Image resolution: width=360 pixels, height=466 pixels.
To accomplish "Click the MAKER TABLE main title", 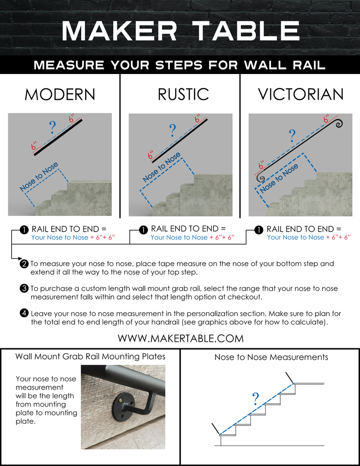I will (x=180, y=30).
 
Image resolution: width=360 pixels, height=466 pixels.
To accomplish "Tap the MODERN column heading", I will (x=60, y=94).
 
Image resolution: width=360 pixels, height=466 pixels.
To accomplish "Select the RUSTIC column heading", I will (x=183, y=94).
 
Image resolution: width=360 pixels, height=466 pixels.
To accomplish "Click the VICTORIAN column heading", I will (x=301, y=94).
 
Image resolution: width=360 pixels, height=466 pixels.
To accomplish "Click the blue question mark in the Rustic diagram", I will (x=172, y=130).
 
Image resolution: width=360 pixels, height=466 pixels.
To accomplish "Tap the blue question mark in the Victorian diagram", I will (x=292, y=135).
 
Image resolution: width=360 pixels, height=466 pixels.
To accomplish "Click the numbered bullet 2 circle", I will (x=24, y=264).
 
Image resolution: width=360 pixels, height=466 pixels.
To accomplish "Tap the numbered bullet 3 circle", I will (x=24, y=288).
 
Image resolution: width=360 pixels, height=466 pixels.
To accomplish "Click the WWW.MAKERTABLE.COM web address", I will (x=180, y=338).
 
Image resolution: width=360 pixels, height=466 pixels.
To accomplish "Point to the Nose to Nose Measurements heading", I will (x=271, y=358).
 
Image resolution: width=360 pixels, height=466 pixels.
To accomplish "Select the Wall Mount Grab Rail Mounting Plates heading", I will (x=90, y=357).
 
